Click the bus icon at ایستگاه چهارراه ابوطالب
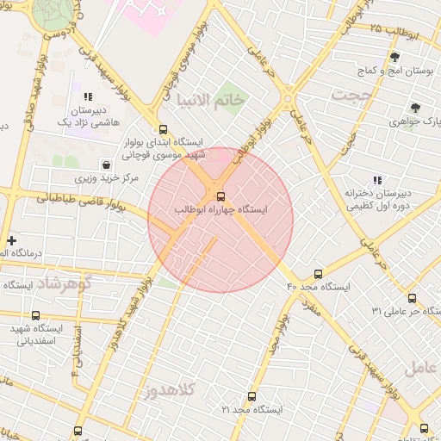pos(221,196)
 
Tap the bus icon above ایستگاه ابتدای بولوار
pos(152,128)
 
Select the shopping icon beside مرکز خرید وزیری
pos(106,164)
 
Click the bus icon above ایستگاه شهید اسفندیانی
pos(35,315)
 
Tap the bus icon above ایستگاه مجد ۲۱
pos(252,397)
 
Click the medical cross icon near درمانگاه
pos(11,240)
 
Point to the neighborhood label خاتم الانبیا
pos(211,101)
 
